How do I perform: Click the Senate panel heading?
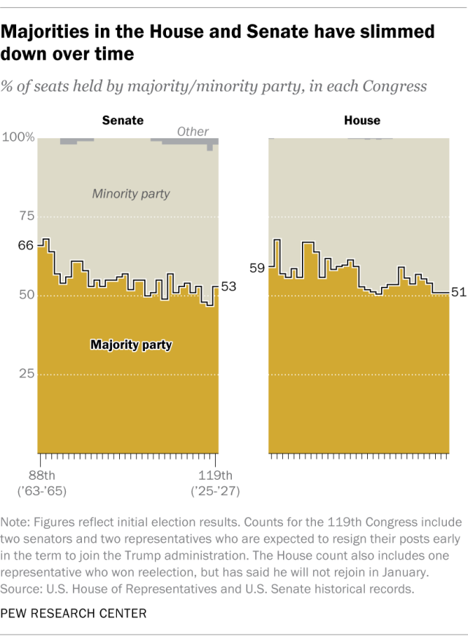pos(122,120)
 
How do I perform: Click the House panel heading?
pos(362,120)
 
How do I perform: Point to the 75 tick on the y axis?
pos(26,216)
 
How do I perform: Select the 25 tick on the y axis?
pos(26,374)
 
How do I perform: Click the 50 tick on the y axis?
pos(26,295)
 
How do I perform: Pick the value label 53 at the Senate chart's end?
pos(228,287)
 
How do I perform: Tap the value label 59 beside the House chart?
pos(257,268)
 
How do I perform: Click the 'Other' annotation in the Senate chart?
pos(193,132)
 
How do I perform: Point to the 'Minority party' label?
pos(131,194)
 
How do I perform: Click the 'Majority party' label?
pos(131,344)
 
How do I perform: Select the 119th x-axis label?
pos(214,475)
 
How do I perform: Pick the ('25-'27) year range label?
pos(214,490)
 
